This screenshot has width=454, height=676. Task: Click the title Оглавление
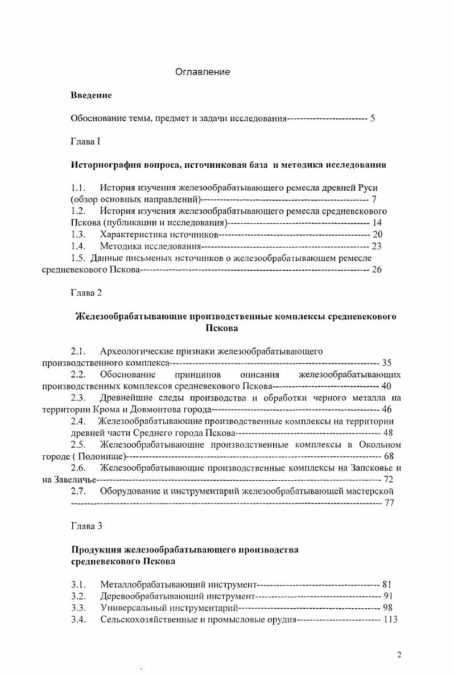click(202, 72)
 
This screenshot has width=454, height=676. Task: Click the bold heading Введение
click(91, 95)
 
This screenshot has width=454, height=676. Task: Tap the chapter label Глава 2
click(86, 292)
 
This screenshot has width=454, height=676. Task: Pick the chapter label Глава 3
click(86, 526)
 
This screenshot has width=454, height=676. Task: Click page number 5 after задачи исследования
click(373, 118)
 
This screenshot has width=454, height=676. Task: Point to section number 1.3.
click(78, 234)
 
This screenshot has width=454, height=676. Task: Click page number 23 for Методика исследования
click(376, 246)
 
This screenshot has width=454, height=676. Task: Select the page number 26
click(376, 270)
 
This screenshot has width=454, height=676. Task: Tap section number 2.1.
click(78, 351)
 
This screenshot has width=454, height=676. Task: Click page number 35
click(387, 362)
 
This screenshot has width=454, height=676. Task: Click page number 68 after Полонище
click(389, 456)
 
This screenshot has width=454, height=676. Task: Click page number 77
click(389, 502)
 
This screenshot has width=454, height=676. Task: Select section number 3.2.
click(78, 596)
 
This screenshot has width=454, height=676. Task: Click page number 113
click(390, 620)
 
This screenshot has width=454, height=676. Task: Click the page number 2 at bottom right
click(399, 655)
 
